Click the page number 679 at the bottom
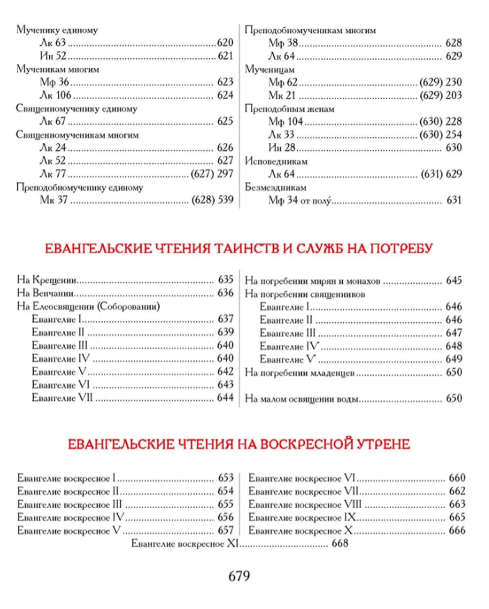pos(239,576)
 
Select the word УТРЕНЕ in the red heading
pos(380,444)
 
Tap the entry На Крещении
pos(47,280)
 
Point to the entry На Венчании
pos(45,293)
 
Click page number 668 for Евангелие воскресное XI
pos(340,543)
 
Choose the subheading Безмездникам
pos(275,187)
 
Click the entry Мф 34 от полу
pos(300,200)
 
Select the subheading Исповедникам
pos(276,161)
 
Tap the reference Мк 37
pos(54,200)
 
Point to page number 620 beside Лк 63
pos(225,43)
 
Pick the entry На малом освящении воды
pos(302,399)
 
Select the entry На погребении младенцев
pos(299,373)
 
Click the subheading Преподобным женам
pos(289,109)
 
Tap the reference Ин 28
pos(282,148)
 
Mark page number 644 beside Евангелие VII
pos(225,398)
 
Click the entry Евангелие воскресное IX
pos(302,518)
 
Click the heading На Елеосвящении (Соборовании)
pos(89,307)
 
